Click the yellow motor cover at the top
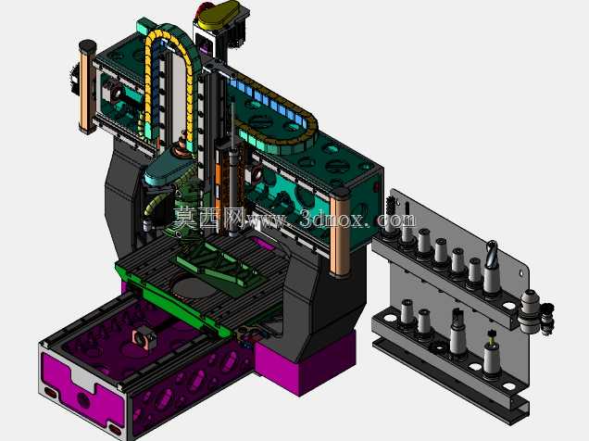pos(219,15)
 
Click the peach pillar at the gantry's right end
pos(340,233)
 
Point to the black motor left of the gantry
pos(73,80)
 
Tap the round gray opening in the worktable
pos(192,286)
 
